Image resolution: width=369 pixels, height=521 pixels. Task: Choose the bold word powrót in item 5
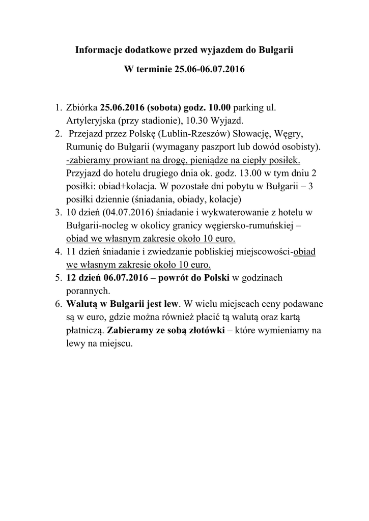[x=172, y=279]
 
